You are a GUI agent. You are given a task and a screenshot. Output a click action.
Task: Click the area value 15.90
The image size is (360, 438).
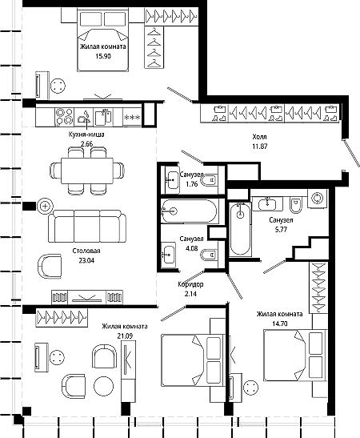pyautogui.click(x=103, y=56)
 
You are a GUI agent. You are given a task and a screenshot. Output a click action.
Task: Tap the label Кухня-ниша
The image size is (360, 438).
pyautogui.click(x=86, y=135)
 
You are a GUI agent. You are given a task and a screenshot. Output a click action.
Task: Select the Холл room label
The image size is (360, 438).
pyautogui.click(x=259, y=137)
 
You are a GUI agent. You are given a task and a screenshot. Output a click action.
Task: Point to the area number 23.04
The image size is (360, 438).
pyautogui.click(x=86, y=260)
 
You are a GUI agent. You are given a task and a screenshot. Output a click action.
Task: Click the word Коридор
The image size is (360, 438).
pyautogui.click(x=190, y=284)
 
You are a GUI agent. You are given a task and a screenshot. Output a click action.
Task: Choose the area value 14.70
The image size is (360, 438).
pyautogui.click(x=280, y=323)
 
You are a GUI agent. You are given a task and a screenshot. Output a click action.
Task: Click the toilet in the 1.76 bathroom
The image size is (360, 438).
pyautogui.click(x=210, y=180)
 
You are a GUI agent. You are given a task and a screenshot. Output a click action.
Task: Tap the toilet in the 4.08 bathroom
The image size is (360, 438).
pyautogui.click(x=210, y=255)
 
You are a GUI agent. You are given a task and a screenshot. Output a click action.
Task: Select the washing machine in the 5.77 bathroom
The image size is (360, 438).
pyautogui.click(x=318, y=199)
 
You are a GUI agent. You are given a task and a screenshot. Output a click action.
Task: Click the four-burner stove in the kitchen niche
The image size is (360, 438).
pyautogui.click(x=65, y=116)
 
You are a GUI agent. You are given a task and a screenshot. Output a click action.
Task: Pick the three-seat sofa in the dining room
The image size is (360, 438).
pyautogui.click(x=86, y=227)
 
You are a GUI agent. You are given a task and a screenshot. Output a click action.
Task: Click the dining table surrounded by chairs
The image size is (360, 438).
pyautogui.click(x=87, y=171)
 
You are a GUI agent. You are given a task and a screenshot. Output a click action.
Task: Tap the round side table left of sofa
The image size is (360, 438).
pyautogui.click(x=45, y=207)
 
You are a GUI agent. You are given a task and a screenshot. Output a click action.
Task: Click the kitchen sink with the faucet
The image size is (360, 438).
pyautogui.click(x=103, y=118)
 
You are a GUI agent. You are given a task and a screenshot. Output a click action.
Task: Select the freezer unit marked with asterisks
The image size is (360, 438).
pyautogui.click(x=132, y=118)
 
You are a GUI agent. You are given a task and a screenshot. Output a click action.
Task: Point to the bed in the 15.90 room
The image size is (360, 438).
pyautogui.click(x=102, y=40)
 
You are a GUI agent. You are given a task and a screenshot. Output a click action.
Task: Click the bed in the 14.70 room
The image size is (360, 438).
pyautogui.click(x=295, y=355)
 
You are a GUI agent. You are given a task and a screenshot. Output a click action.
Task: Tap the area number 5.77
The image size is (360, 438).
pyautogui.click(x=281, y=230)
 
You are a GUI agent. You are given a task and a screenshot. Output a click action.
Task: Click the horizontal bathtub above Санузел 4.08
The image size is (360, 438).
pyautogui.click(x=190, y=211)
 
